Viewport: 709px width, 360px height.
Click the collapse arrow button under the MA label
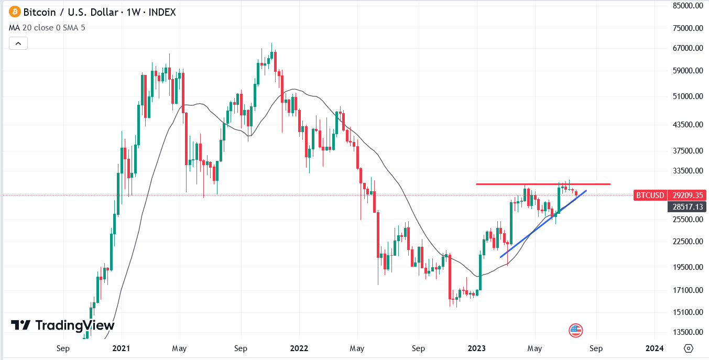pyautogui.click(x=18, y=43)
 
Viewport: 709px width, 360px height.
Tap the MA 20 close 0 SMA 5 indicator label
pyautogui.click(x=47, y=27)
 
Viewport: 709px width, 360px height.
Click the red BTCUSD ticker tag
pyautogui.click(x=650, y=195)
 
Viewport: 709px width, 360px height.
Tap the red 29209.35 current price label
pyautogui.click(x=687, y=195)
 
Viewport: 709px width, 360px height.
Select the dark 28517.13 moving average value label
pyautogui.click(x=687, y=207)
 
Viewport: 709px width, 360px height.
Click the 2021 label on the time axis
pyautogui.click(x=121, y=348)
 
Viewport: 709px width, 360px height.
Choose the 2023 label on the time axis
pyautogui.click(x=477, y=348)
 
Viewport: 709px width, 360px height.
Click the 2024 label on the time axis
pyautogui.click(x=655, y=348)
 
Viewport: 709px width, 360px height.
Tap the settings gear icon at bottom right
pyautogui.click(x=689, y=348)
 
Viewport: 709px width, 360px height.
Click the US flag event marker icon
pyautogui.click(x=575, y=330)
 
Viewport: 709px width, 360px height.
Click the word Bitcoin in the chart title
pyautogui.click(x=39, y=12)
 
